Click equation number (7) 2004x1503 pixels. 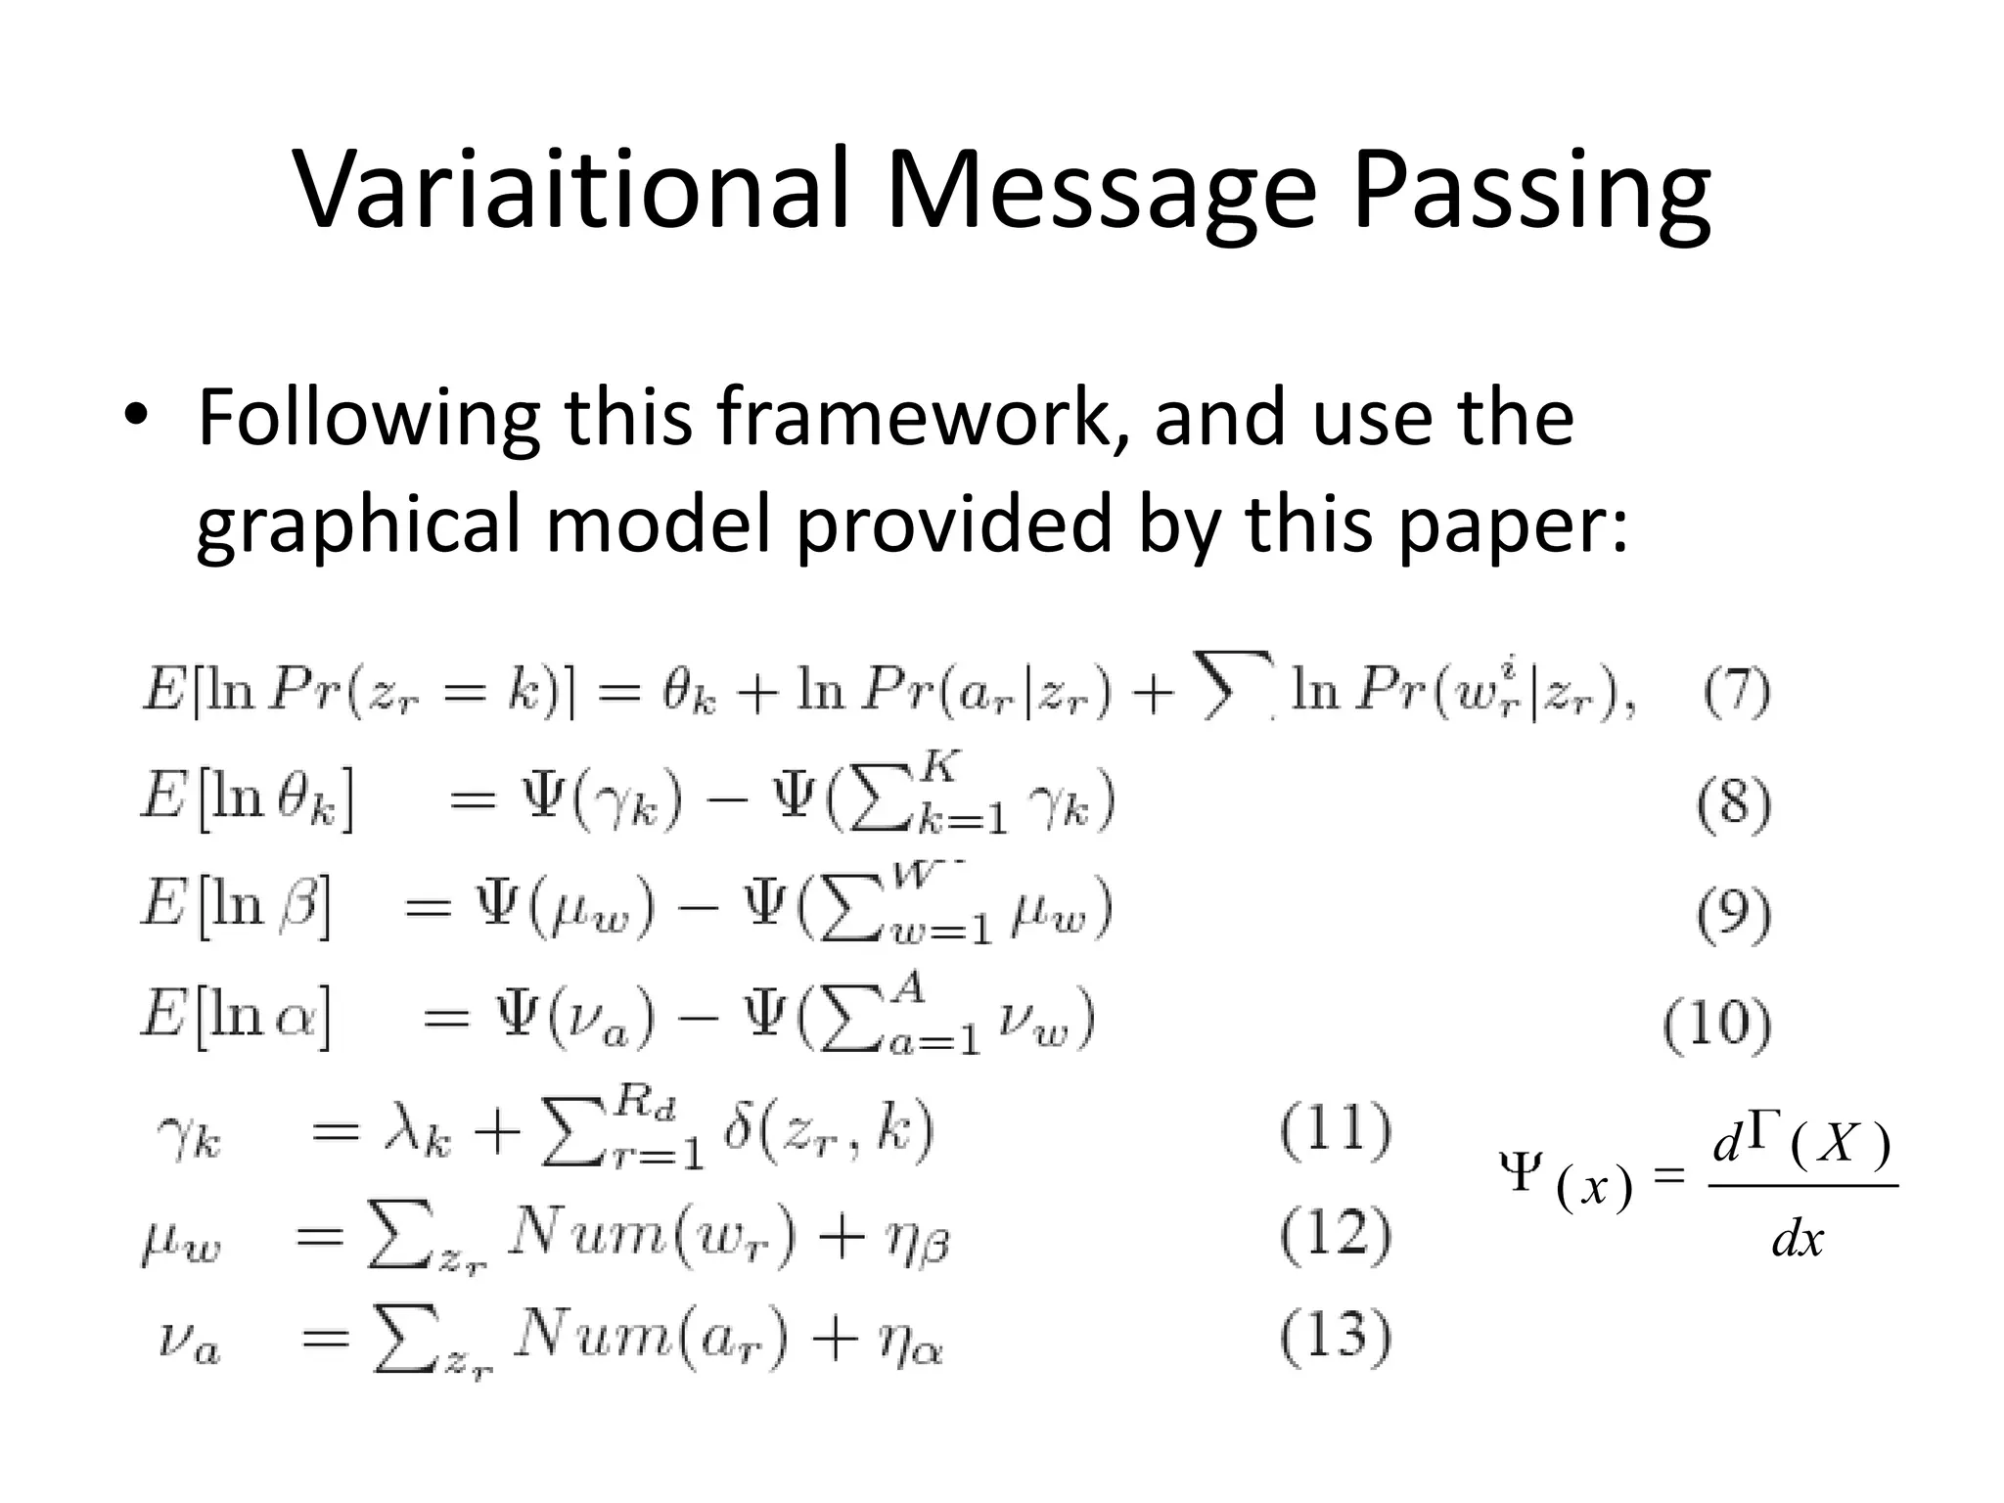[1736, 694]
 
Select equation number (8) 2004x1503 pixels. [1734, 805]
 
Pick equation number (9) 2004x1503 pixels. [1734, 915]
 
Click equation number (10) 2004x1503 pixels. [1718, 1025]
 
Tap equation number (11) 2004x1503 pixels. [1336, 1131]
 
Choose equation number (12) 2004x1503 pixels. [1336, 1235]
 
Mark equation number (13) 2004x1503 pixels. [1336, 1338]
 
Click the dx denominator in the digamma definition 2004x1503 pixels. [1798, 1239]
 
